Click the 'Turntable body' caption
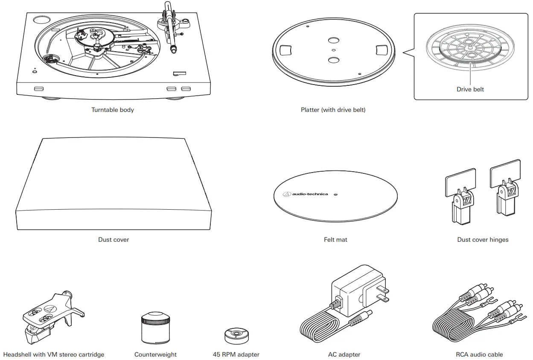pos(112,110)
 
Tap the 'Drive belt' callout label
pos(470,89)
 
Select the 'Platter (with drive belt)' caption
pos(333,110)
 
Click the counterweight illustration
pos(155,328)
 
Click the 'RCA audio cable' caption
pos(479,354)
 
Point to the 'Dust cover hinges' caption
pos(483,240)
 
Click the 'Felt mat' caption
pos(335,240)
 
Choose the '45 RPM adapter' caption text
pos(236,354)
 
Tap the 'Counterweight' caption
pos(155,354)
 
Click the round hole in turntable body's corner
pos(42,20)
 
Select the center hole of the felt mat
pos(335,194)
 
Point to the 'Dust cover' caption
pos(114,240)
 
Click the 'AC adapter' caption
pos(344,354)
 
